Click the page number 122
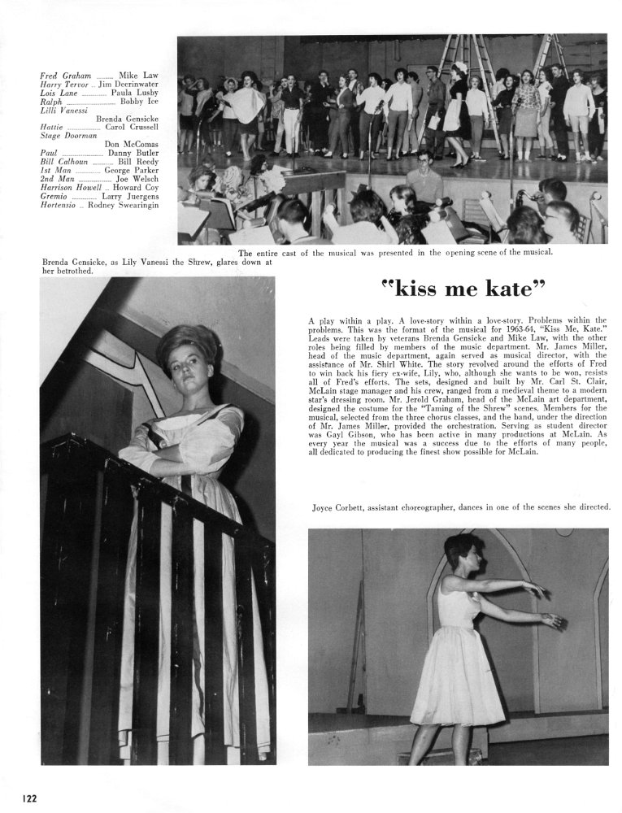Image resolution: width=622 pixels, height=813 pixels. click(x=29, y=798)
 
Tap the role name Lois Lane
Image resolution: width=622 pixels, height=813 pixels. click(x=59, y=93)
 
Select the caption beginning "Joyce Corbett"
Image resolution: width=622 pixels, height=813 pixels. click(x=461, y=507)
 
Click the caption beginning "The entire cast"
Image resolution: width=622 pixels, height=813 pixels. click(x=395, y=252)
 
